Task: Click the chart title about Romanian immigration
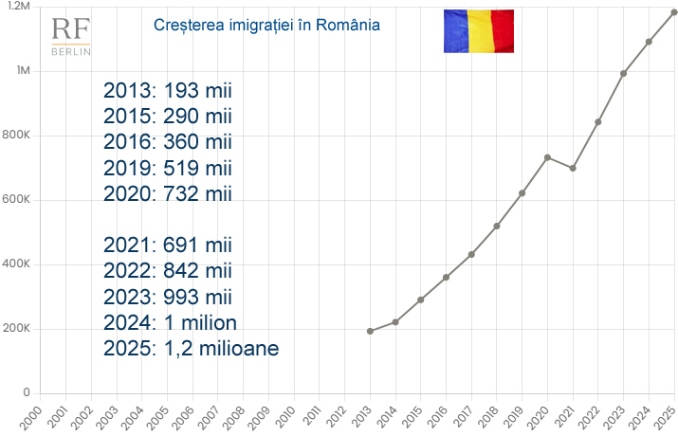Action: [x=266, y=25]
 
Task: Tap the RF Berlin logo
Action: [x=71, y=35]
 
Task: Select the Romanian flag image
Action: [x=478, y=30]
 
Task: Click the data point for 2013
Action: [x=369, y=331]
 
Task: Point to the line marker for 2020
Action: [x=547, y=157]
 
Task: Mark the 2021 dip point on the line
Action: [x=573, y=168]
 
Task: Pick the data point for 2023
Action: [x=623, y=73]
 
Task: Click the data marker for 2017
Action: [x=471, y=254]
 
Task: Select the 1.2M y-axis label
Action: [x=18, y=7]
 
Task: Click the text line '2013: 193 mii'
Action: [x=168, y=91]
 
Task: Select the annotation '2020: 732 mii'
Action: [x=168, y=193]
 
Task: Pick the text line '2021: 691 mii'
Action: [x=168, y=245]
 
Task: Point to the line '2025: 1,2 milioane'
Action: [x=191, y=347]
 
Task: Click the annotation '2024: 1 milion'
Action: [x=171, y=321]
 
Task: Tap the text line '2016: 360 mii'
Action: [x=168, y=142]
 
